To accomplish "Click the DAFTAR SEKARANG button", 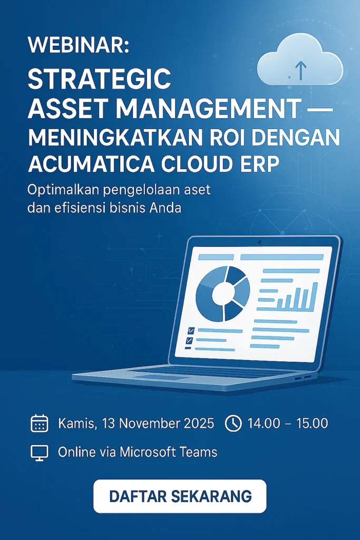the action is (x=180, y=496).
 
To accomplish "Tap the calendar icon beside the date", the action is (x=39, y=423).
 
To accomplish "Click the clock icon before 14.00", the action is (x=233, y=423).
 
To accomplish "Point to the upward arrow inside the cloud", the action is (x=301, y=70).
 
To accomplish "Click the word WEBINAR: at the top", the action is (x=79, y=45).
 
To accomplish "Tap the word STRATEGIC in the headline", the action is (x=99, y=79).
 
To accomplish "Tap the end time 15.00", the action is (x=313, y=423).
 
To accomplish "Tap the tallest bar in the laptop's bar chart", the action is (x=314, y=296).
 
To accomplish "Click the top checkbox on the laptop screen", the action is (x=191, y=331).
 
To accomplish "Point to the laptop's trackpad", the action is (x=162, y=378).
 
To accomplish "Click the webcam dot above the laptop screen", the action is (x=259, y=242).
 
